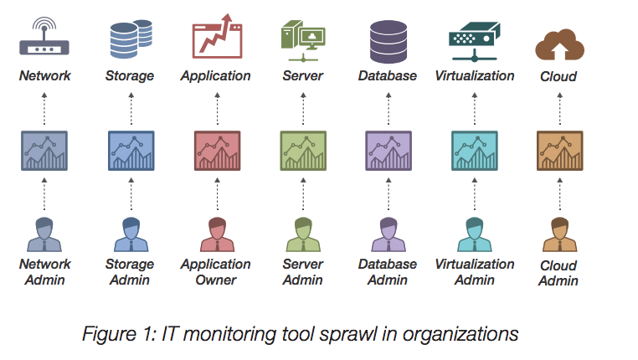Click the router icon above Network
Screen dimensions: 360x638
45,38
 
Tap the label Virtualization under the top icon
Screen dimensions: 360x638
475,75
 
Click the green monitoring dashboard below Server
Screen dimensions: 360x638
302,151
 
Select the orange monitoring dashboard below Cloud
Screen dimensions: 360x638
558,151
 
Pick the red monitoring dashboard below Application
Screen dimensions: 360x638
216,151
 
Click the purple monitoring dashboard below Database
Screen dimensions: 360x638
388,151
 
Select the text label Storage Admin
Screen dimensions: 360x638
131,272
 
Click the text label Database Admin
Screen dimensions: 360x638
388,272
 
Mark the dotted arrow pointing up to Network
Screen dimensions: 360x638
45,107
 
